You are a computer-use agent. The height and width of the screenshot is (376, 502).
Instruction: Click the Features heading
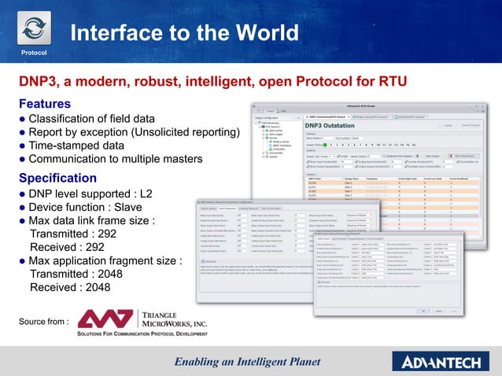(45, 104)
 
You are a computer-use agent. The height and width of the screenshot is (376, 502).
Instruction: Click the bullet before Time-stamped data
(23, 146)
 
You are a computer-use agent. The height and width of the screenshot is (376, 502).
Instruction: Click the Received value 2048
(93, 287)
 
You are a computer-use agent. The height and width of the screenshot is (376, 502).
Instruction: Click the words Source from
(45, 321)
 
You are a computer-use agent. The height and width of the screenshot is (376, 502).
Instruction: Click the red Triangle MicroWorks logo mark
(107, 319)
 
